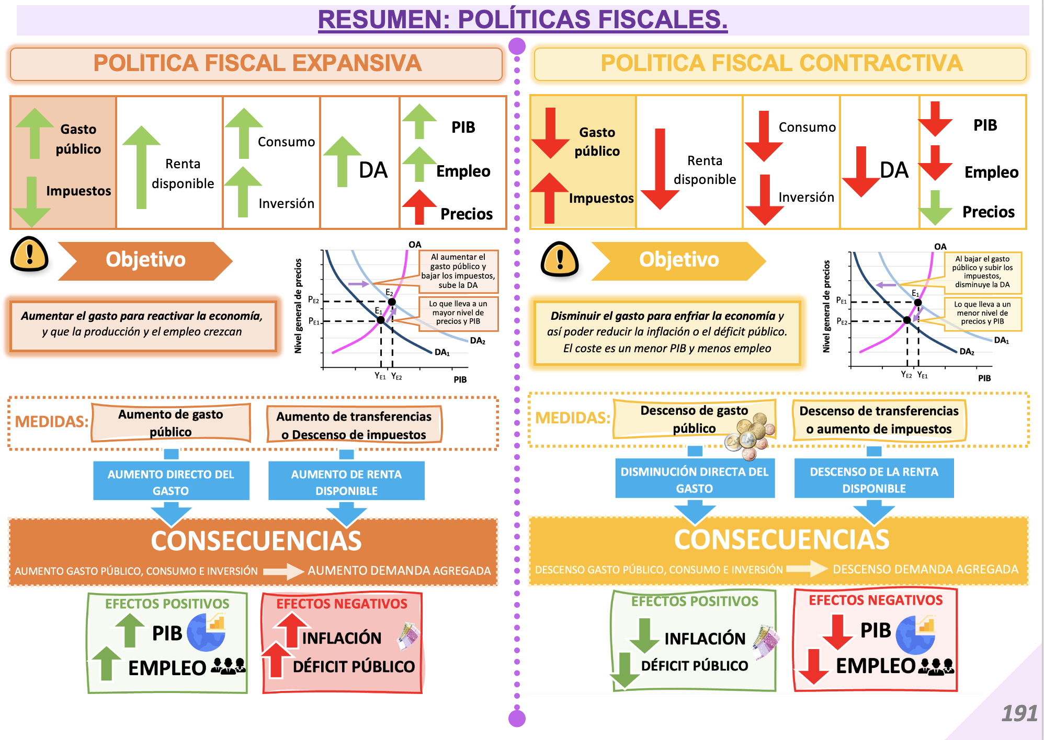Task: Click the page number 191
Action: click(1019, 713)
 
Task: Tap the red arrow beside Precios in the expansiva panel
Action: click(419, 207)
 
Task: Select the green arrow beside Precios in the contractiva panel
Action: click(935, 208)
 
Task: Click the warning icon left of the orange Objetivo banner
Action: click(30, 255)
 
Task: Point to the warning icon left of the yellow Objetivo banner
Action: click(560, 259)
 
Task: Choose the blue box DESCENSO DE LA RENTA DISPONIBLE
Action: click(874, 479)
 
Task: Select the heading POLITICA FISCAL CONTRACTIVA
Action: click(781, 63)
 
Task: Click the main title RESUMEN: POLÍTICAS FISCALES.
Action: click(523, 19)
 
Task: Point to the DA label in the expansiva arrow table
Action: click(373, 170)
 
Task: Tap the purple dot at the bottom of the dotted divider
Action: click(517, 719)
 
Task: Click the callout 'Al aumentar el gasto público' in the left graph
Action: click(458, 271)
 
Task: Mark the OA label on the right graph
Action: click(940, 247)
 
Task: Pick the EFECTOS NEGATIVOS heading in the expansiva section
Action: click(342, 604)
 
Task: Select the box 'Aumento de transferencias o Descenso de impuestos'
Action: click(354, 425)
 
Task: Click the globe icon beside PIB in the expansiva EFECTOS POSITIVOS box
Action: click(206, 632)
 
